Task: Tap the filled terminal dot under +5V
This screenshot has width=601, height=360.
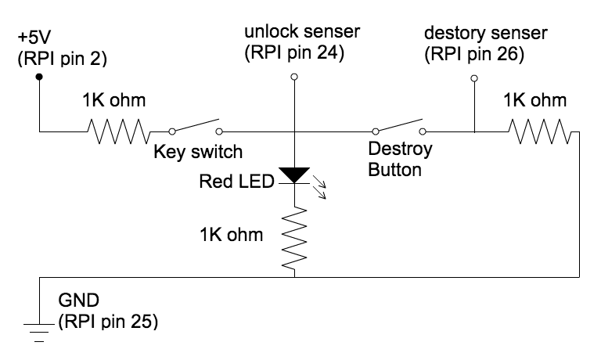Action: pyautogui.click(x=38, y=77)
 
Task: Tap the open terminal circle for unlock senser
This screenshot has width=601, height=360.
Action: pyautogui.click(x=293, y=77)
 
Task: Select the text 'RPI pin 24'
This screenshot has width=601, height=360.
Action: pyautogui.click(x=293, y=54)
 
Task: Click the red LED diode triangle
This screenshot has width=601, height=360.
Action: pyautogui.click(x=293, y=175)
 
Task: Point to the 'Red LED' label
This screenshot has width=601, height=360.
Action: pyautogui.click(x=236, y=182)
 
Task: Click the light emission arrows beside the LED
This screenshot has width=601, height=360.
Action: pyautogui.click(x=321, y=187)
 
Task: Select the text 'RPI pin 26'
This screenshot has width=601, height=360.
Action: pyautogui.click(x=472, y=54)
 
